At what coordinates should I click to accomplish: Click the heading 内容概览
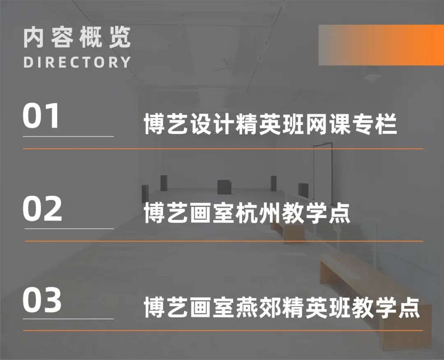(x=77, y=37)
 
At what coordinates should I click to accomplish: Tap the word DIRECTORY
(x=77, y=62)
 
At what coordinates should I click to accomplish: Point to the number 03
(x=42, y=300)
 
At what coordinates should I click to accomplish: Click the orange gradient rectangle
(x=381, y=45)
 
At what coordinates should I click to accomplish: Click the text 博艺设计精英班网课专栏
(x=271, y=124)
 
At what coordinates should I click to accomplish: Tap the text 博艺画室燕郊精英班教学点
(x=282, y=307)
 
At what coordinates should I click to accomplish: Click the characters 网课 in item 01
(x=328, y=124)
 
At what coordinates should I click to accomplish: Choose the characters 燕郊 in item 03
(x=259, y=307)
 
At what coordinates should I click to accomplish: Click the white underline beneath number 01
(x=68, y=136)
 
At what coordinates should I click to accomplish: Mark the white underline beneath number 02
(x=69, y=228)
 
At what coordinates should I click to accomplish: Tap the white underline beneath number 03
(x=68, y=319)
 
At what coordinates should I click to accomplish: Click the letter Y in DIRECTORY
(x=125, y=62)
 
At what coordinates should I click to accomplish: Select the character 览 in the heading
(x=120, y=37)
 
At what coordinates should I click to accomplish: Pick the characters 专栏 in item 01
(x=374, y=124)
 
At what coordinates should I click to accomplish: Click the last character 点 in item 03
(x=409, y=307)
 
